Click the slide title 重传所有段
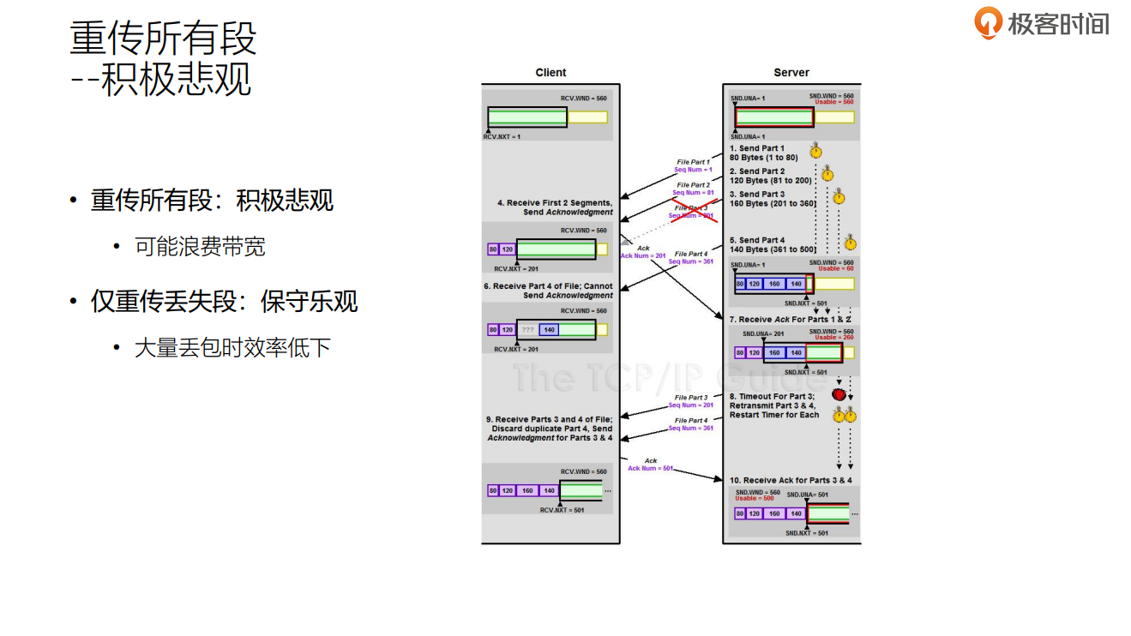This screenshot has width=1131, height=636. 163,39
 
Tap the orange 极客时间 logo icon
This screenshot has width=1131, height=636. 988,22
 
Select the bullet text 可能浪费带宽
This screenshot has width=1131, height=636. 200,247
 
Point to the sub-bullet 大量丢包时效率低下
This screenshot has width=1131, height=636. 232,348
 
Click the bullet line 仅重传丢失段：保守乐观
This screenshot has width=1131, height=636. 224,302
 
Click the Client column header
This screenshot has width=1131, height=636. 550,73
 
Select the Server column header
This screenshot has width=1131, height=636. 791,73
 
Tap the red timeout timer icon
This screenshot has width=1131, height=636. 839,395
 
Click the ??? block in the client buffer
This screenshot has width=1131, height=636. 527,330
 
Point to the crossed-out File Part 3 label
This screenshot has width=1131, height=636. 692,207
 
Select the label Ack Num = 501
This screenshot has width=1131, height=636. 651,468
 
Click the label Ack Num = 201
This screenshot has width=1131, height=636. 643,255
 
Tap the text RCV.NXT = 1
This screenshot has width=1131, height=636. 502,136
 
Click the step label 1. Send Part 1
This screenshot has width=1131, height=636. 756,148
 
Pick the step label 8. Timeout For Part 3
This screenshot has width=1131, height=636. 772,397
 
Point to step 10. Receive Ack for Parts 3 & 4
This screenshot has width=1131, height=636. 791,480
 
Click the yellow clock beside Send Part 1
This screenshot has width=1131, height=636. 815,152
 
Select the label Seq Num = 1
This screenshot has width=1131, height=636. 693,170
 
